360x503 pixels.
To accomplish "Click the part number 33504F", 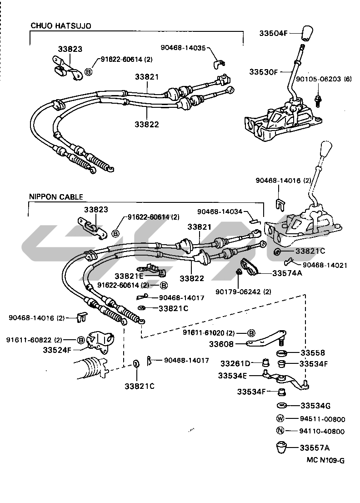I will pyautogui.click(x=274, y=33).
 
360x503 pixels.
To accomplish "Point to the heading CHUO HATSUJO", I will pyautogui.click(x=61, y=26).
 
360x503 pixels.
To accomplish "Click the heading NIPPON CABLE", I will pyautogui.click(x=56, y=197).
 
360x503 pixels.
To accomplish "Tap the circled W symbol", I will pyautogui.click(x=280, y=419).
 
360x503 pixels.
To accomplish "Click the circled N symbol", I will pyautogui.click(x=280, y=431).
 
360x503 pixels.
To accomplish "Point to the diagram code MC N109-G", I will pyautogui.click(x=325, y=460).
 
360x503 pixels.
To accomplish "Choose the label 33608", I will pyautogui.click(x=221, y=345).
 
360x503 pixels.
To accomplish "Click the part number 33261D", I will pyautogui.click(x=235, y=363).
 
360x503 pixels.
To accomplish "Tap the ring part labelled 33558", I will pyautogui.click(x=282, y=353).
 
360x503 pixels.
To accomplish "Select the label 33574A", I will pyautogui.click(x=288, y=273).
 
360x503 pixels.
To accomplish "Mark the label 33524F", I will pyautogui.click(x=57, y=350).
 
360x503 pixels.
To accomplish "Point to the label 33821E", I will pyautogui.click(x=129, y=276).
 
